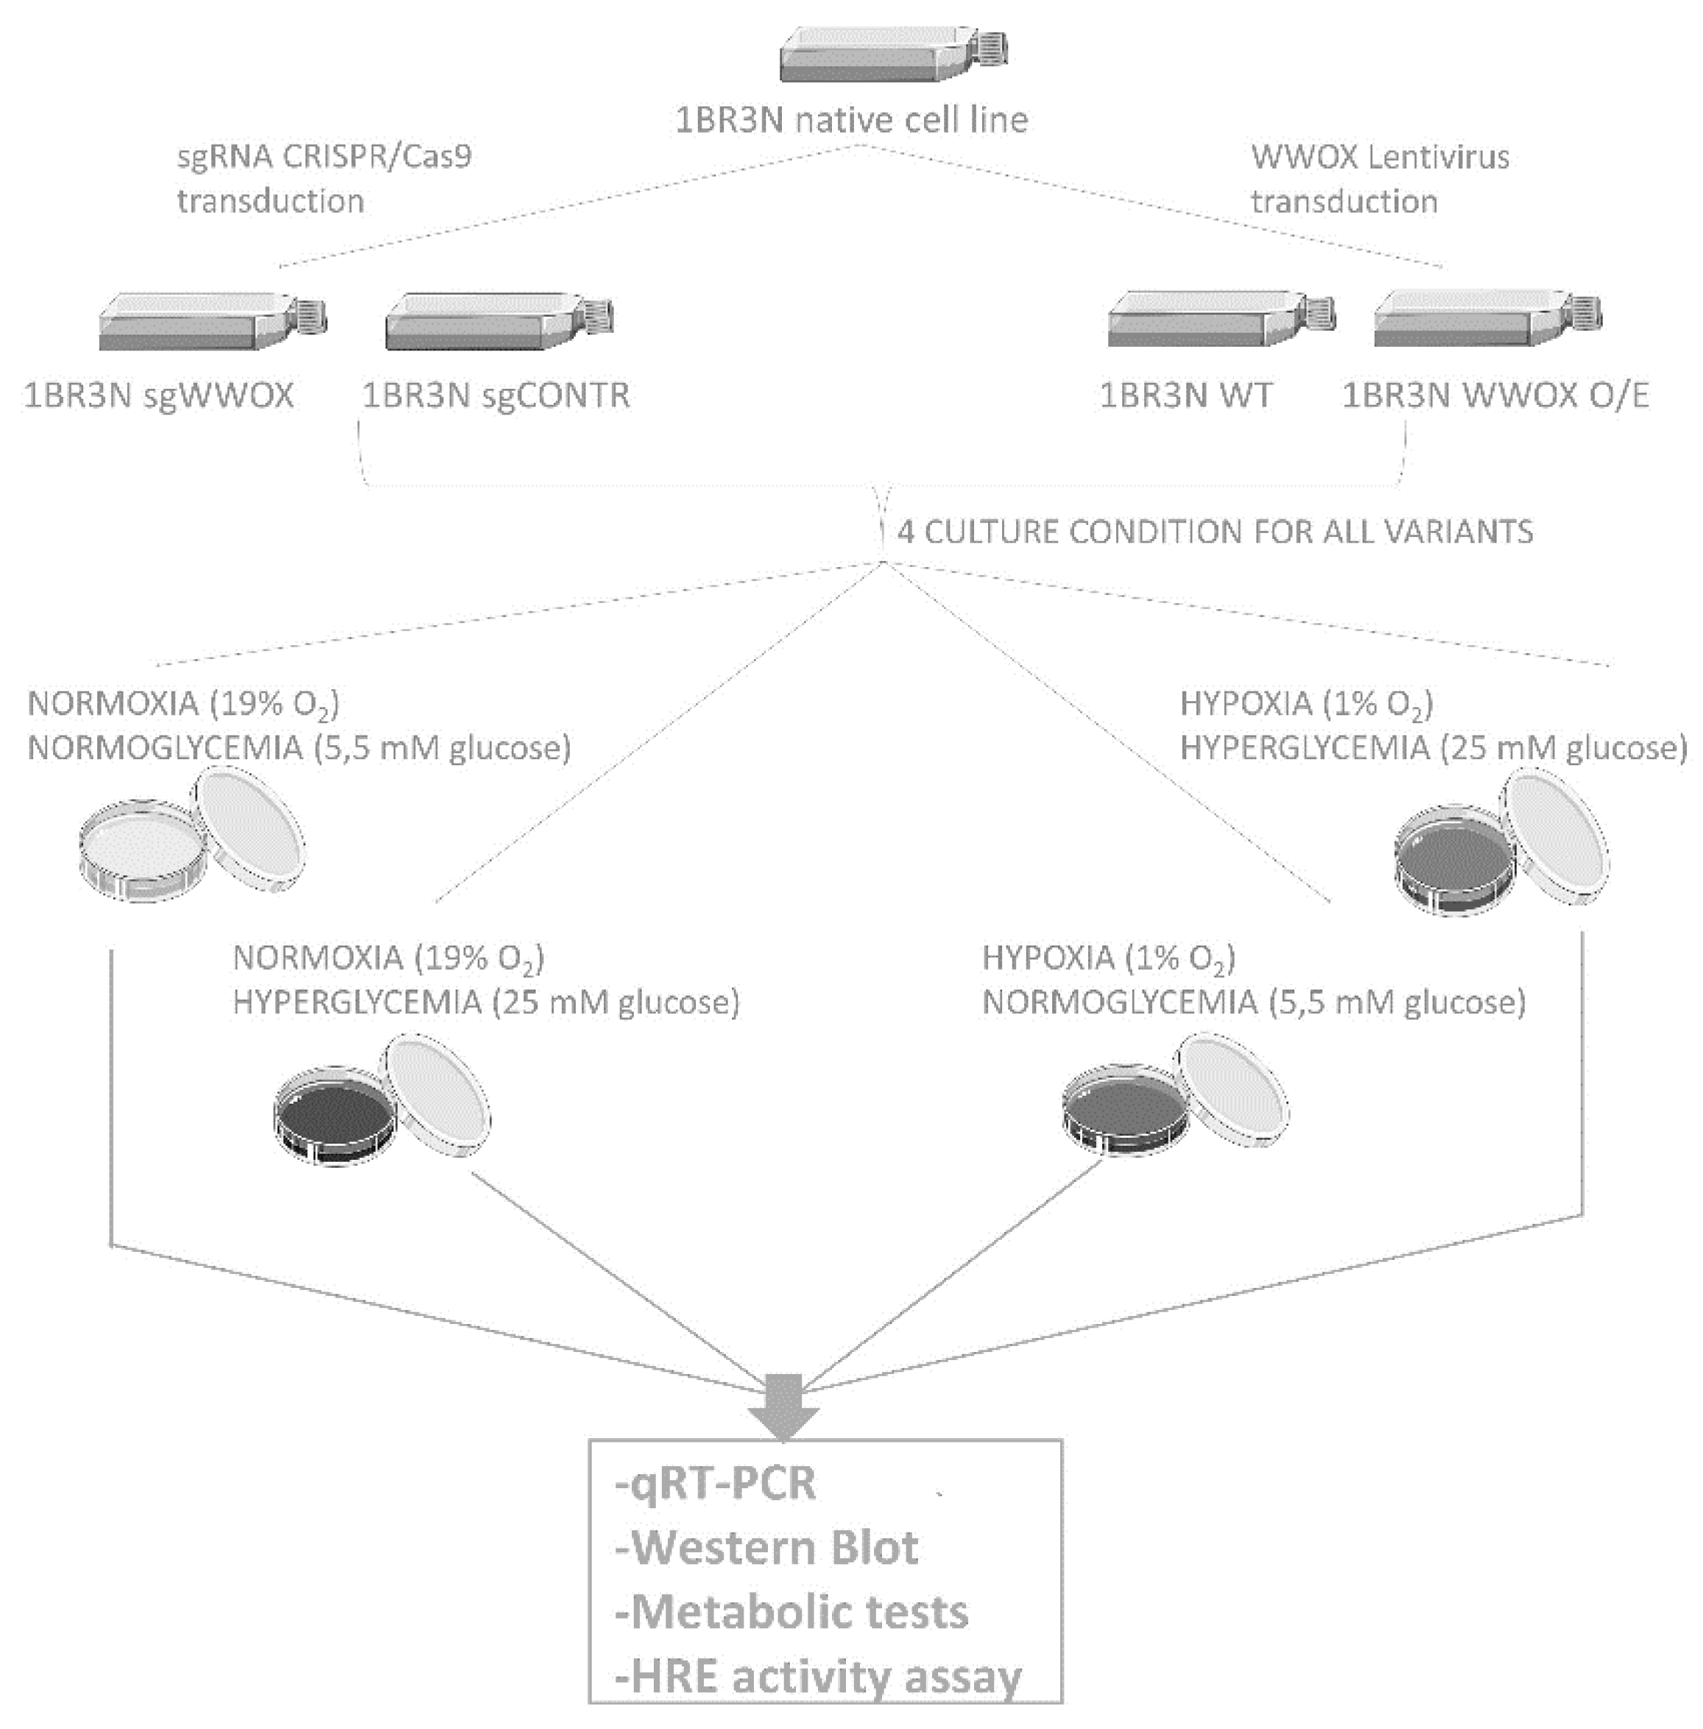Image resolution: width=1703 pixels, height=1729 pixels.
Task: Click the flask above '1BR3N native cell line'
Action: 892,55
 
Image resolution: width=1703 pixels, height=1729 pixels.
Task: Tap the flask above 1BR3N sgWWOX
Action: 211,321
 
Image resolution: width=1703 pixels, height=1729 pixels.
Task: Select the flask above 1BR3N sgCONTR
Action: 498,321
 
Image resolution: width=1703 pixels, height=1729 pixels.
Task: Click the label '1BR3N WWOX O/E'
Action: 1495,395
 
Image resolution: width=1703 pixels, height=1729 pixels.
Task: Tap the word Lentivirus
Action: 1438,158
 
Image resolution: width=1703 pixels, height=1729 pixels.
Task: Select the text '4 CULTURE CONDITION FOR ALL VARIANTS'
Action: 1215,532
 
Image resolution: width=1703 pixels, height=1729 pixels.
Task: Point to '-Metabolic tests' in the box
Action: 791,1613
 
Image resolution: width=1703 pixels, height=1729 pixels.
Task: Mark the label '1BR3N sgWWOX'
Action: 158,395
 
